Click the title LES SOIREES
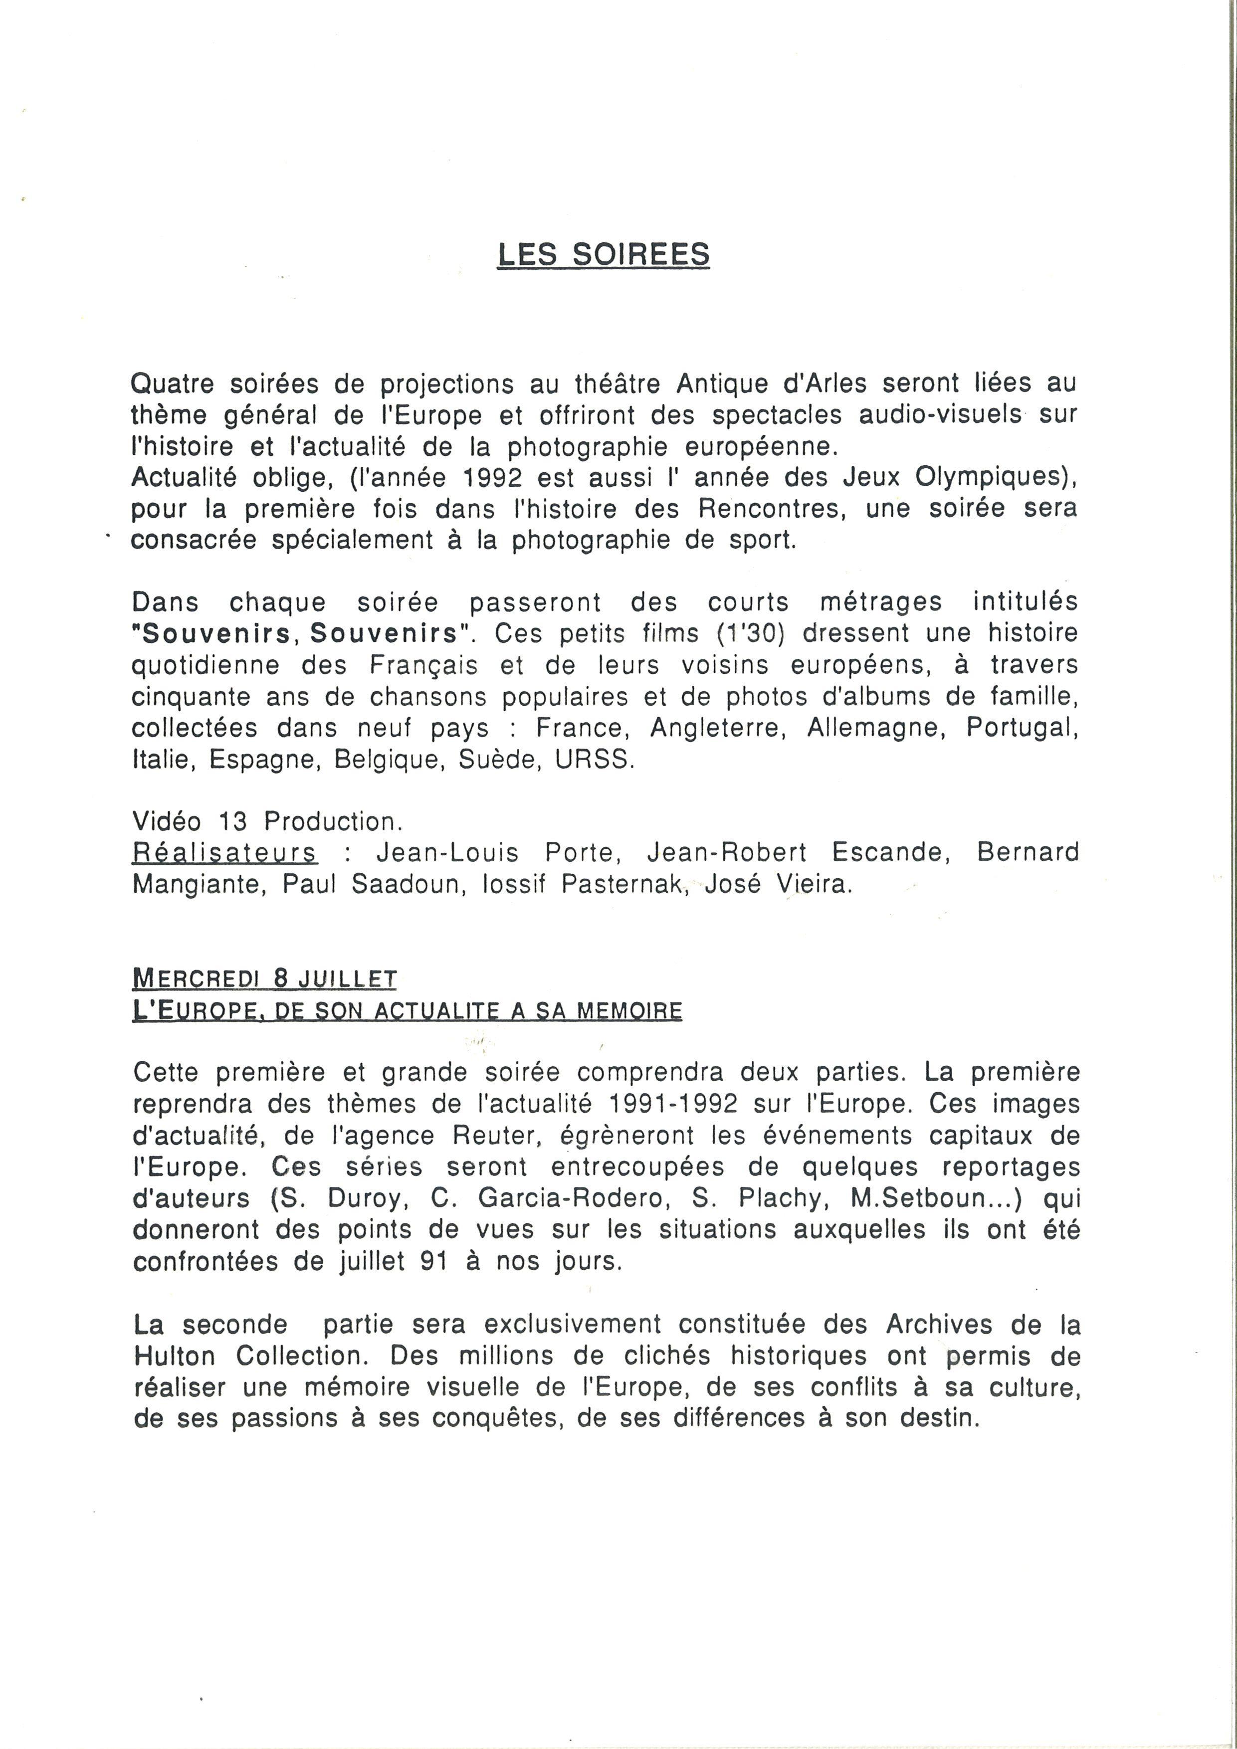coord(603,254)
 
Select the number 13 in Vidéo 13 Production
coord(233,821)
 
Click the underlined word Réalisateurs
coord(224,852)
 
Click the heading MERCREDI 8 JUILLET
coord(264,978)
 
